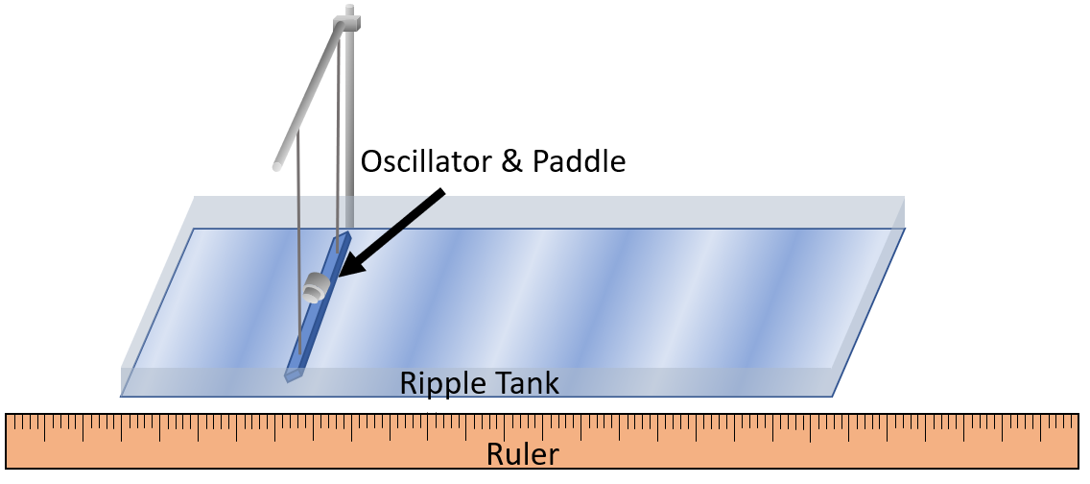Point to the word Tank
(526, 384)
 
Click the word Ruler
(522, 453)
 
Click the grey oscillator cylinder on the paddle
(315, 286)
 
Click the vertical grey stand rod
(349, 115)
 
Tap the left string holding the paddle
(298, 240)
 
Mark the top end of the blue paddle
(346, 233)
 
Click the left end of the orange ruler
(9, 441)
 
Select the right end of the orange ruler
(1080, 441)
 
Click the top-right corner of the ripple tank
(904, 199)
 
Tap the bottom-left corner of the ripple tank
(122, 394)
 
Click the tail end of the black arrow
(444, 192)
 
